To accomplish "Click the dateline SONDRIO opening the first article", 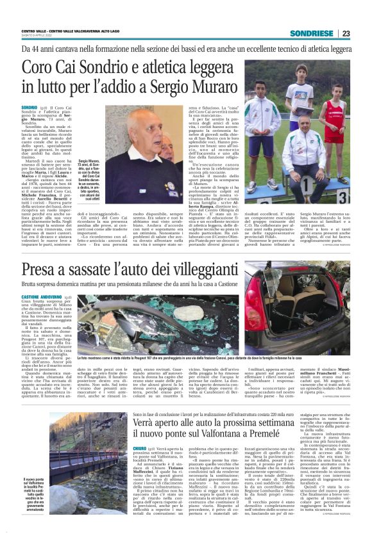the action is [30, 108].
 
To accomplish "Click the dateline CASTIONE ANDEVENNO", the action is [42, 298].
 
